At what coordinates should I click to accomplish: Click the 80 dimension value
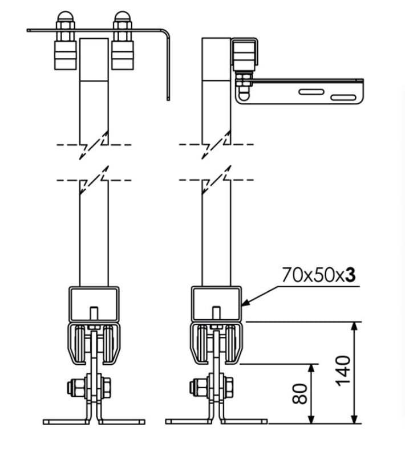click(301, 393)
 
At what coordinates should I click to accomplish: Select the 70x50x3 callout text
click(319, 275)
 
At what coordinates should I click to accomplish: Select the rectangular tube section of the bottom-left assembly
click(94, 303)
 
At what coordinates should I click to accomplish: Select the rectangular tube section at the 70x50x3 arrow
click(216, 303)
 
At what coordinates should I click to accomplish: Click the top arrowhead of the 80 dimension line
click(311, 367)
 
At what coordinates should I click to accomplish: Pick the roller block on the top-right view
click(244, 57)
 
